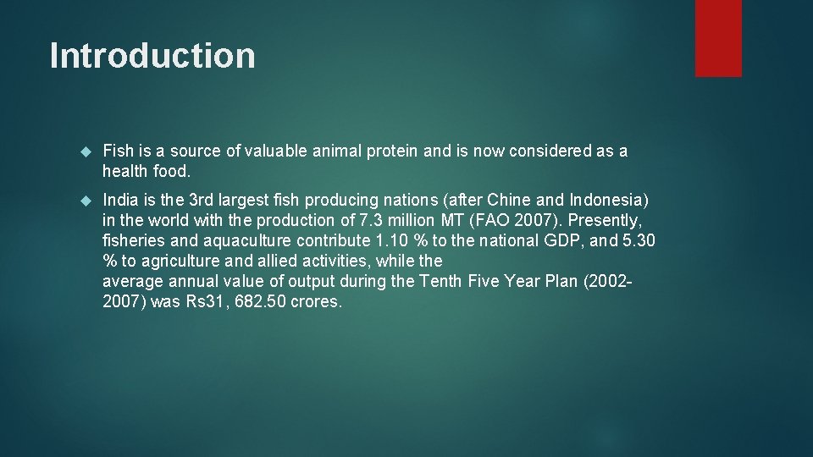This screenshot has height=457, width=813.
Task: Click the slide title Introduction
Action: [x=152, y=56]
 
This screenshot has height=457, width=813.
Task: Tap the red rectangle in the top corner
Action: [x=718, y=38]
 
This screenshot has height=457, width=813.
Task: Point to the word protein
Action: [x=393, y=151]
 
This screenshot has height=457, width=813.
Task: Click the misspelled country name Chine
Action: [x=512, y=201]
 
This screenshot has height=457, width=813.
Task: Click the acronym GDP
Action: [x=555, y=241]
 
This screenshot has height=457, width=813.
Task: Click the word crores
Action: [x=316, y=302]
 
